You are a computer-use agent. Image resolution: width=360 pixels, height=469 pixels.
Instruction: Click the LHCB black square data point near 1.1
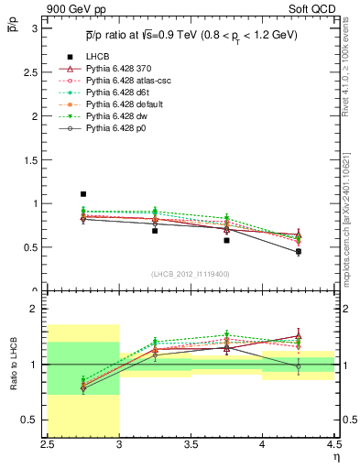[x=83, y=194]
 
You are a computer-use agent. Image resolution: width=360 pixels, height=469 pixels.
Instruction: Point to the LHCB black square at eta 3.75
[x=226, y=240]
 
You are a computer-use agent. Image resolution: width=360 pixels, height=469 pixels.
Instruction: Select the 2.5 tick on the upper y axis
[x=36, y=71]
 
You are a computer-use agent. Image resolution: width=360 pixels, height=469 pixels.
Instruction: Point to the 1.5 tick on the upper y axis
[x=36, y=159]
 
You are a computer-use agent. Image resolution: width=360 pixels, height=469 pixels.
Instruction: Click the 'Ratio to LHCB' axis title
[x=13, y=366]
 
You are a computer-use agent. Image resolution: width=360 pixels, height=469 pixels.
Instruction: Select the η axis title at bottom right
[x=334, y=456]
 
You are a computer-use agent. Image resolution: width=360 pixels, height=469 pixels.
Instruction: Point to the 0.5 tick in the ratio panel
[x=36, y=420]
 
